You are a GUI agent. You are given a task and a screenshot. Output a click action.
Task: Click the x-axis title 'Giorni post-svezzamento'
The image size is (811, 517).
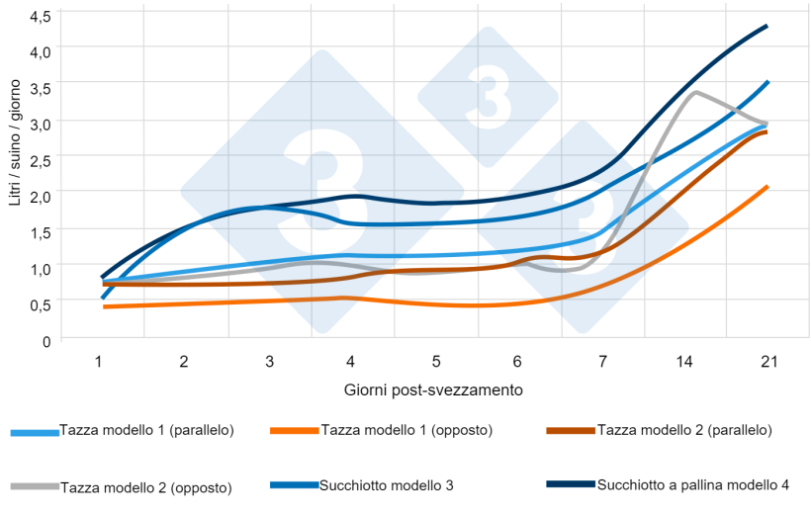click(x=434, y=389)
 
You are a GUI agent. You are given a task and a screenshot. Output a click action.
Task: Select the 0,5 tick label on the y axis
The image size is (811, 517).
click(x=41, y=304)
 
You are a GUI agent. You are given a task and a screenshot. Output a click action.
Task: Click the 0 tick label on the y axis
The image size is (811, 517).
click(x=46, y=341)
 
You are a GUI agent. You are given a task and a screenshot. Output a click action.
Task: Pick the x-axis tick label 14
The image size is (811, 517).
click(x=684, y=362)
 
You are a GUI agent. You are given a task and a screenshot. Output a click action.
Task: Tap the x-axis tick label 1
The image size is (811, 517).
click(x=99, y=362)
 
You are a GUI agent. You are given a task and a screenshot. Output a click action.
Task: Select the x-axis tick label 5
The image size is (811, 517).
click(x=435, y=362)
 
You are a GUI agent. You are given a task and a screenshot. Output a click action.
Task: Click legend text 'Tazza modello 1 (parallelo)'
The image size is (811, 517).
click(x=146, y=430)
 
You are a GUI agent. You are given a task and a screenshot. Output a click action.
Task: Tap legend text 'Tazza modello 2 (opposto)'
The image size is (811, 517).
click(x=145, y=487)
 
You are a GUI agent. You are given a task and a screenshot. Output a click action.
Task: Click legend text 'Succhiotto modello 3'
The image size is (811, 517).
click(x=386, y=485)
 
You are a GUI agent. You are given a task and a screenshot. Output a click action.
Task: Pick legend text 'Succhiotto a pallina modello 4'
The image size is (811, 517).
click(x=693, y=484)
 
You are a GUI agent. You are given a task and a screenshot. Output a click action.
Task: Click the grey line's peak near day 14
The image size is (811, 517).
click(x=696, y=93)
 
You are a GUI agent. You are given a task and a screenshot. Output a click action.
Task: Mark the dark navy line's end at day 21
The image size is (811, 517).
click(x=767, y=27)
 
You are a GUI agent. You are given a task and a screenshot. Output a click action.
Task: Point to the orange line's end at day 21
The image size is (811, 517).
click(x=767, y=187)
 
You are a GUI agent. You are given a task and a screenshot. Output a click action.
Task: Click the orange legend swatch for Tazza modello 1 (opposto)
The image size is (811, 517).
click(x=293, y=432)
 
